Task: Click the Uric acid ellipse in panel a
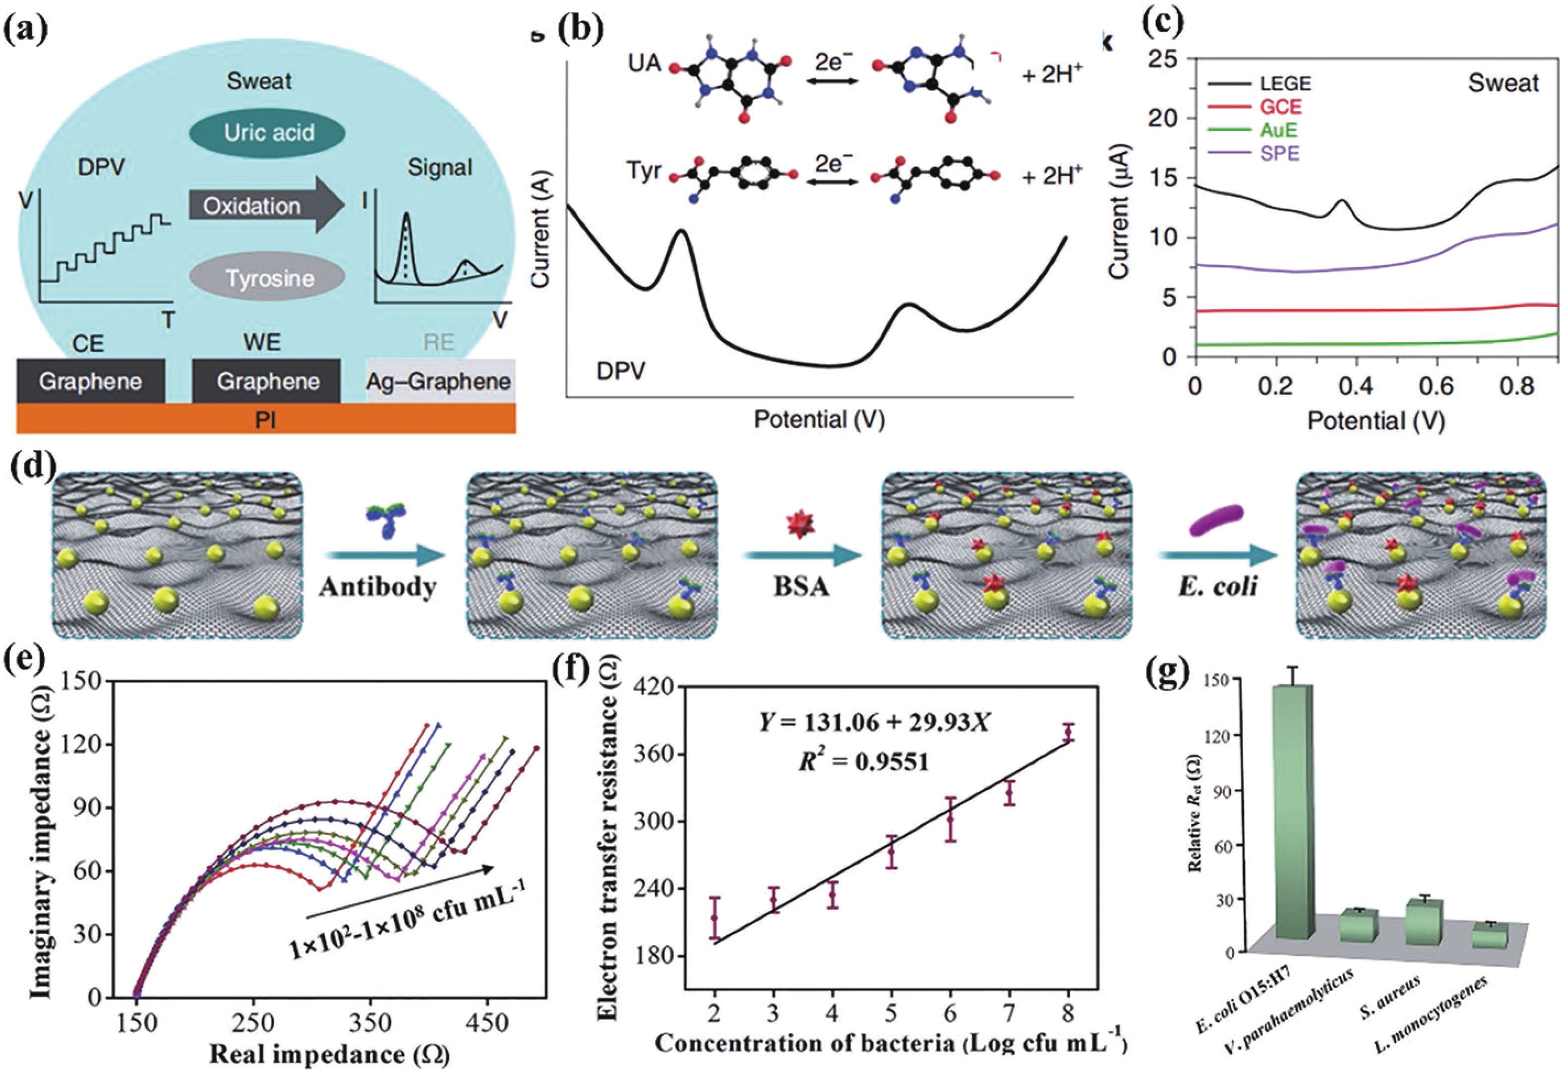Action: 269,132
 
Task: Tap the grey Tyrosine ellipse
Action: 269,278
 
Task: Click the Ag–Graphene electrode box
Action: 439,381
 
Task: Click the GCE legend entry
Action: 1281,106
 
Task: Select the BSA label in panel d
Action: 800,587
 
